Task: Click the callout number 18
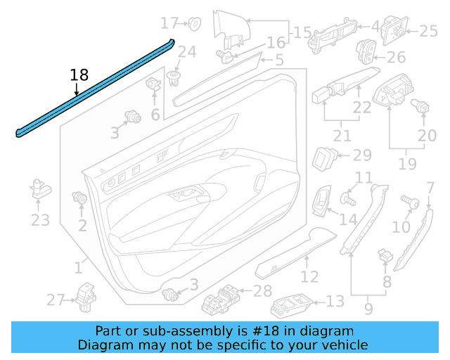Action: tap(79, 75)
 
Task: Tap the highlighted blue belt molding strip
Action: tap(95, 89)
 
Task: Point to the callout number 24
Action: tap(186, 52)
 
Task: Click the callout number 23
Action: tap(40, 220)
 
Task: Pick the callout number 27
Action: tap(56, 300)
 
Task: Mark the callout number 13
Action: tap(335, 301)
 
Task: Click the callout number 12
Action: tap(310, 276)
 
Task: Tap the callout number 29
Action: tap(361, 155)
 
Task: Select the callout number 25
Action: tap(428, 30)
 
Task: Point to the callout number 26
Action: tap(397, 57)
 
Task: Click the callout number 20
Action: tap(427, 135)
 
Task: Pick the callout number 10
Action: tap(401, 226)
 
